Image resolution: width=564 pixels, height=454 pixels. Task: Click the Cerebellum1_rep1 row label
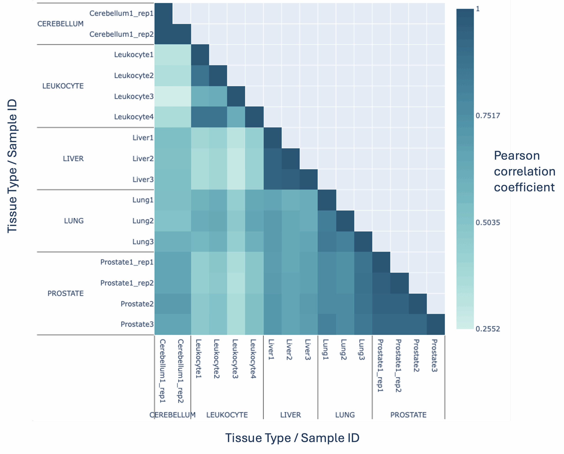click(x=121, y=13)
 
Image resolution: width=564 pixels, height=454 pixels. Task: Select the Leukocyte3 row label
click(x=134, y=96)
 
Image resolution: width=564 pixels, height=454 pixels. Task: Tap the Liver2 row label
click(x=143, y=159)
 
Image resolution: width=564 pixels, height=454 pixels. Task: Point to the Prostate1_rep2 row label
click(x=127, y=283)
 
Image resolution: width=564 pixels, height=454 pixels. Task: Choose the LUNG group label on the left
click(x=74, y=221)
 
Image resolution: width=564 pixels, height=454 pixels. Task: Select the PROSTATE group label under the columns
click(x=408, y=415)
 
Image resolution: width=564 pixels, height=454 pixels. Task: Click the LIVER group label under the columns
click(x=290, y=415)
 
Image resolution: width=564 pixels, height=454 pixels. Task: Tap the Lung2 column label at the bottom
click(x=343, y=350)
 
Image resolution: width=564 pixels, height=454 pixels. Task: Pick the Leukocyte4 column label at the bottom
click(x=253, y=359)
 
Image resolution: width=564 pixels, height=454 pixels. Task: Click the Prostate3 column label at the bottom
click(x=434, y=356)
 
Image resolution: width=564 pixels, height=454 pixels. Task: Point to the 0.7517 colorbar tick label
click(x=488, y=116)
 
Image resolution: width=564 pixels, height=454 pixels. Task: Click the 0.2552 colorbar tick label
click(x=488, y=329)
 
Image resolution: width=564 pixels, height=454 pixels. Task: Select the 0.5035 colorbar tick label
click(x=488, y=222)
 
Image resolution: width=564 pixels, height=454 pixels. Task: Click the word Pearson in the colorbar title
click(x=517, y=156)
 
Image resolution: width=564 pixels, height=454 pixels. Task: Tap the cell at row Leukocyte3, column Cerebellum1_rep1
click(x=163, y=96)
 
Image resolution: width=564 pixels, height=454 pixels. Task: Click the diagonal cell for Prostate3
click(x=436, y=324)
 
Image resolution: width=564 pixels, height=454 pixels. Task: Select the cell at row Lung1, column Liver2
click(x=290, y=200)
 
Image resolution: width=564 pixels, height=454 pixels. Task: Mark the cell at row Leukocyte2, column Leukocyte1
click(x=200, y=76)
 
